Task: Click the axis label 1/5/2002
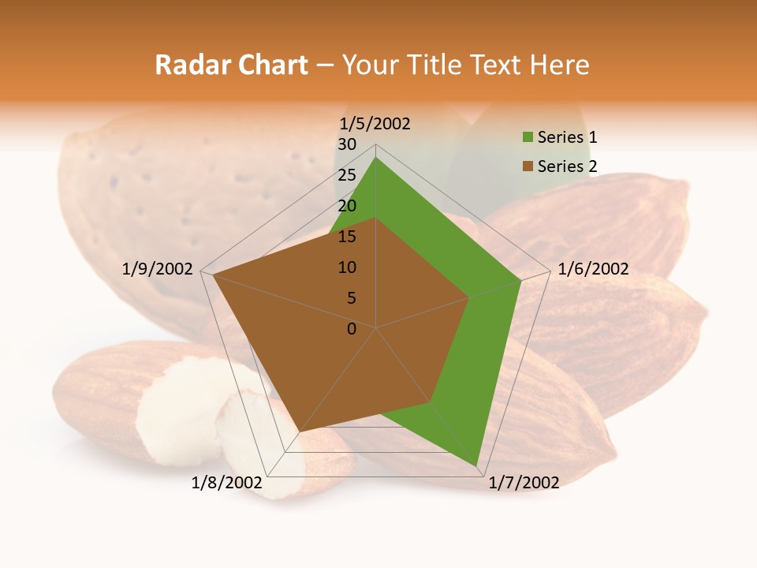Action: pos(375,124)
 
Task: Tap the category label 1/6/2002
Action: pos(593,269)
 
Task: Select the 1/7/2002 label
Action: pos(524,483)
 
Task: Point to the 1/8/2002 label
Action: pos(227,483)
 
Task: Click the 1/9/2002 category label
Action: pos(157,269)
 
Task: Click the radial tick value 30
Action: pos(347,144)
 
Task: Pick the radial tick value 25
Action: pos(347,175)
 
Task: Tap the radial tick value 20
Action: pos(347,206)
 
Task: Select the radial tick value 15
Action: pos(347,237)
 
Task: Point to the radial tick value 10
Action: pos(347,267)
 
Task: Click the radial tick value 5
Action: pos(351,298)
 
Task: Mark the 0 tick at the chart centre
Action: pos(352,329)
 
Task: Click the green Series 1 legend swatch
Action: pos(528,138)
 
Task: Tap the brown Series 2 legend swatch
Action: pos(528,166)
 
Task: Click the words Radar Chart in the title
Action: pos(230,65)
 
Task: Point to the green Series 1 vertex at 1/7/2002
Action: pos(477,465)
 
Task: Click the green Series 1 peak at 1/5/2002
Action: pos(376,158)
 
